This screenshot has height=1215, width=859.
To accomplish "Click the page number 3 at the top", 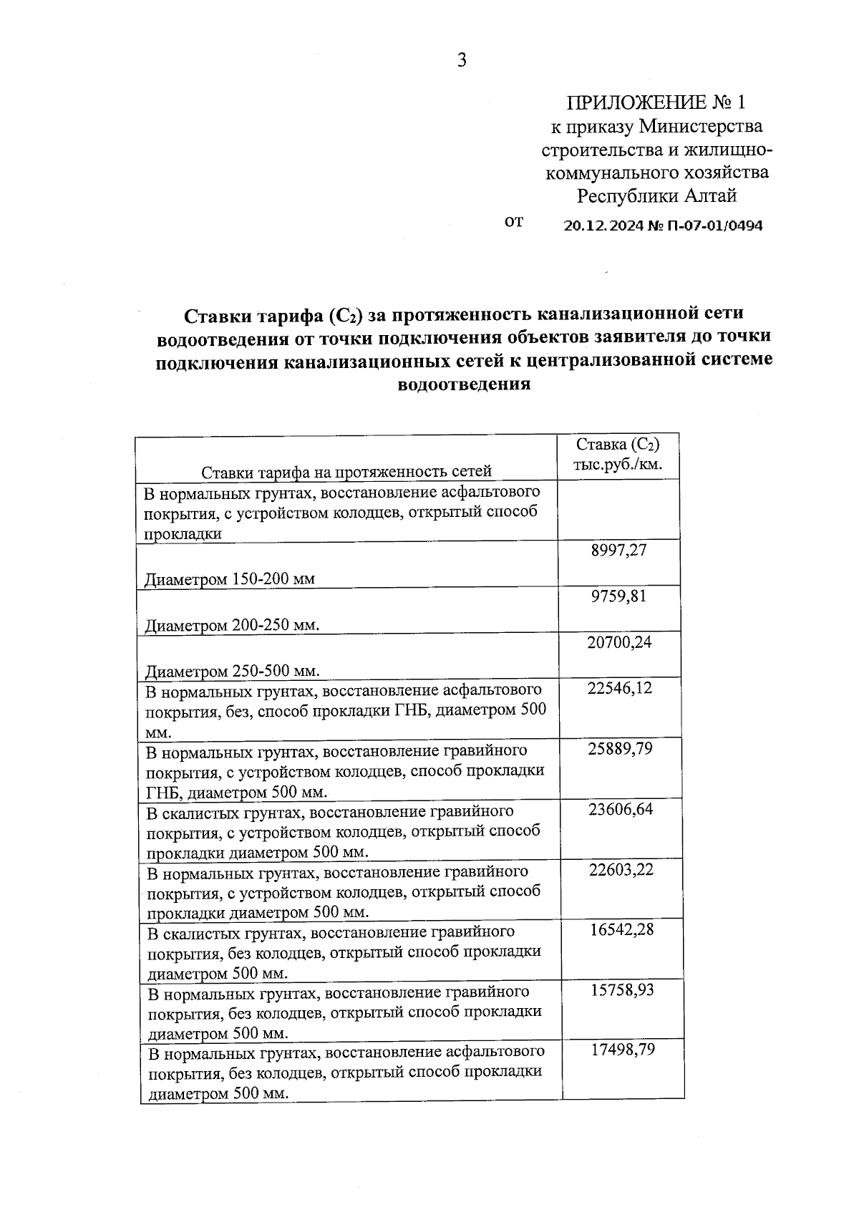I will coord(462,61).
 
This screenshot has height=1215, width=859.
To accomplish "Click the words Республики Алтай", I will coord(656,195).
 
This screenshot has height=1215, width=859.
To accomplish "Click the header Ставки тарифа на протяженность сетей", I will coord(346,471).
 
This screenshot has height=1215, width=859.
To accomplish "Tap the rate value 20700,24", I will coord(619,642).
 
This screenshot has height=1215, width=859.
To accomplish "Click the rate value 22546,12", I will coord(619,688).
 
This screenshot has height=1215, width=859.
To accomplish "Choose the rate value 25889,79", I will coord(619,749).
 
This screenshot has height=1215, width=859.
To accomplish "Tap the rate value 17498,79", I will coord(623,1050).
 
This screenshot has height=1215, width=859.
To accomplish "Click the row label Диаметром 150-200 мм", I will coord(230,579).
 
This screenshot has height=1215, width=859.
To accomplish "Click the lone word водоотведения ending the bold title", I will coord(464,384).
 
